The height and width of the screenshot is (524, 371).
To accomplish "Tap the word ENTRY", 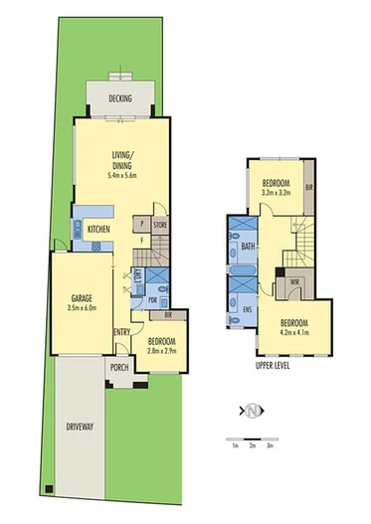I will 122,332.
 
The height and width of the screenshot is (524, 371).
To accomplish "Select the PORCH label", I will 119,367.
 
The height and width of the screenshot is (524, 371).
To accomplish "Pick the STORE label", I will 160,225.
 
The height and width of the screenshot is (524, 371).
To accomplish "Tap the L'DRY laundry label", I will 139,280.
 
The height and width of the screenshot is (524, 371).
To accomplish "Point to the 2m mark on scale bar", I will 253,444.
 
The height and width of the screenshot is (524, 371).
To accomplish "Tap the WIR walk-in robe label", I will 295,283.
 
